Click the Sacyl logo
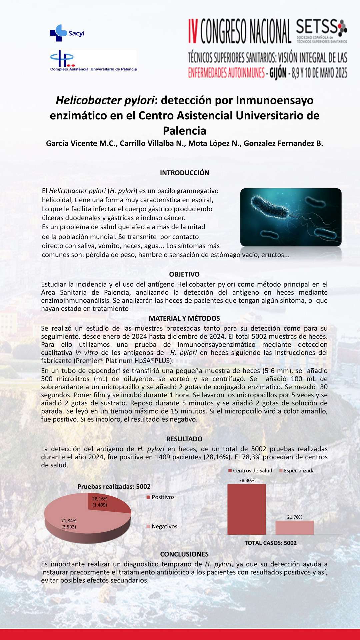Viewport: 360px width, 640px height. (67, 33)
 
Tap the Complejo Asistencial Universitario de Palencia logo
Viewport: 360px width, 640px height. (93, 61)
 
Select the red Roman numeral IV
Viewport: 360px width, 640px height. (194, 31)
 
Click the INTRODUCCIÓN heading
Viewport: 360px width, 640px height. (184, 173)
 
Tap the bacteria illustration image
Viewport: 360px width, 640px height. (291, 217)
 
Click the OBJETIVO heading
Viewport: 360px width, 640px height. (184, 274)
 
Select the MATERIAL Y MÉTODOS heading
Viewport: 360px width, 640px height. (184, 318)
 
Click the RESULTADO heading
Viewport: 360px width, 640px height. (184, 439)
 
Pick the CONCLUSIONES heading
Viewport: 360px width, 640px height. (184, 554)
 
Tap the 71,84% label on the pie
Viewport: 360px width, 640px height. (69, 524)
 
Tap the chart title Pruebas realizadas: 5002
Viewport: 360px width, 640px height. (114, 487)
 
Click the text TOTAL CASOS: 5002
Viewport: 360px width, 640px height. (271, 543)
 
